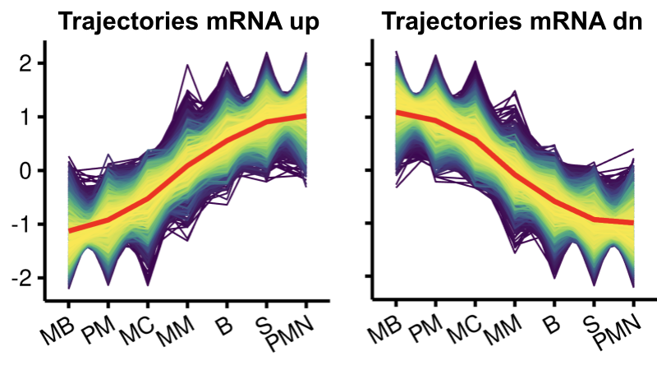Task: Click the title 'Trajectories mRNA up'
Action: point(188,24)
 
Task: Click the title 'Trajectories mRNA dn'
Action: point(512,24)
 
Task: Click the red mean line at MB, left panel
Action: point(68,231)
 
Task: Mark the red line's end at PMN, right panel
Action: point(634,222)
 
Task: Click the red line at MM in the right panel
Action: point(515,174)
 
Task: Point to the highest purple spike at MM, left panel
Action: point(187,66)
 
